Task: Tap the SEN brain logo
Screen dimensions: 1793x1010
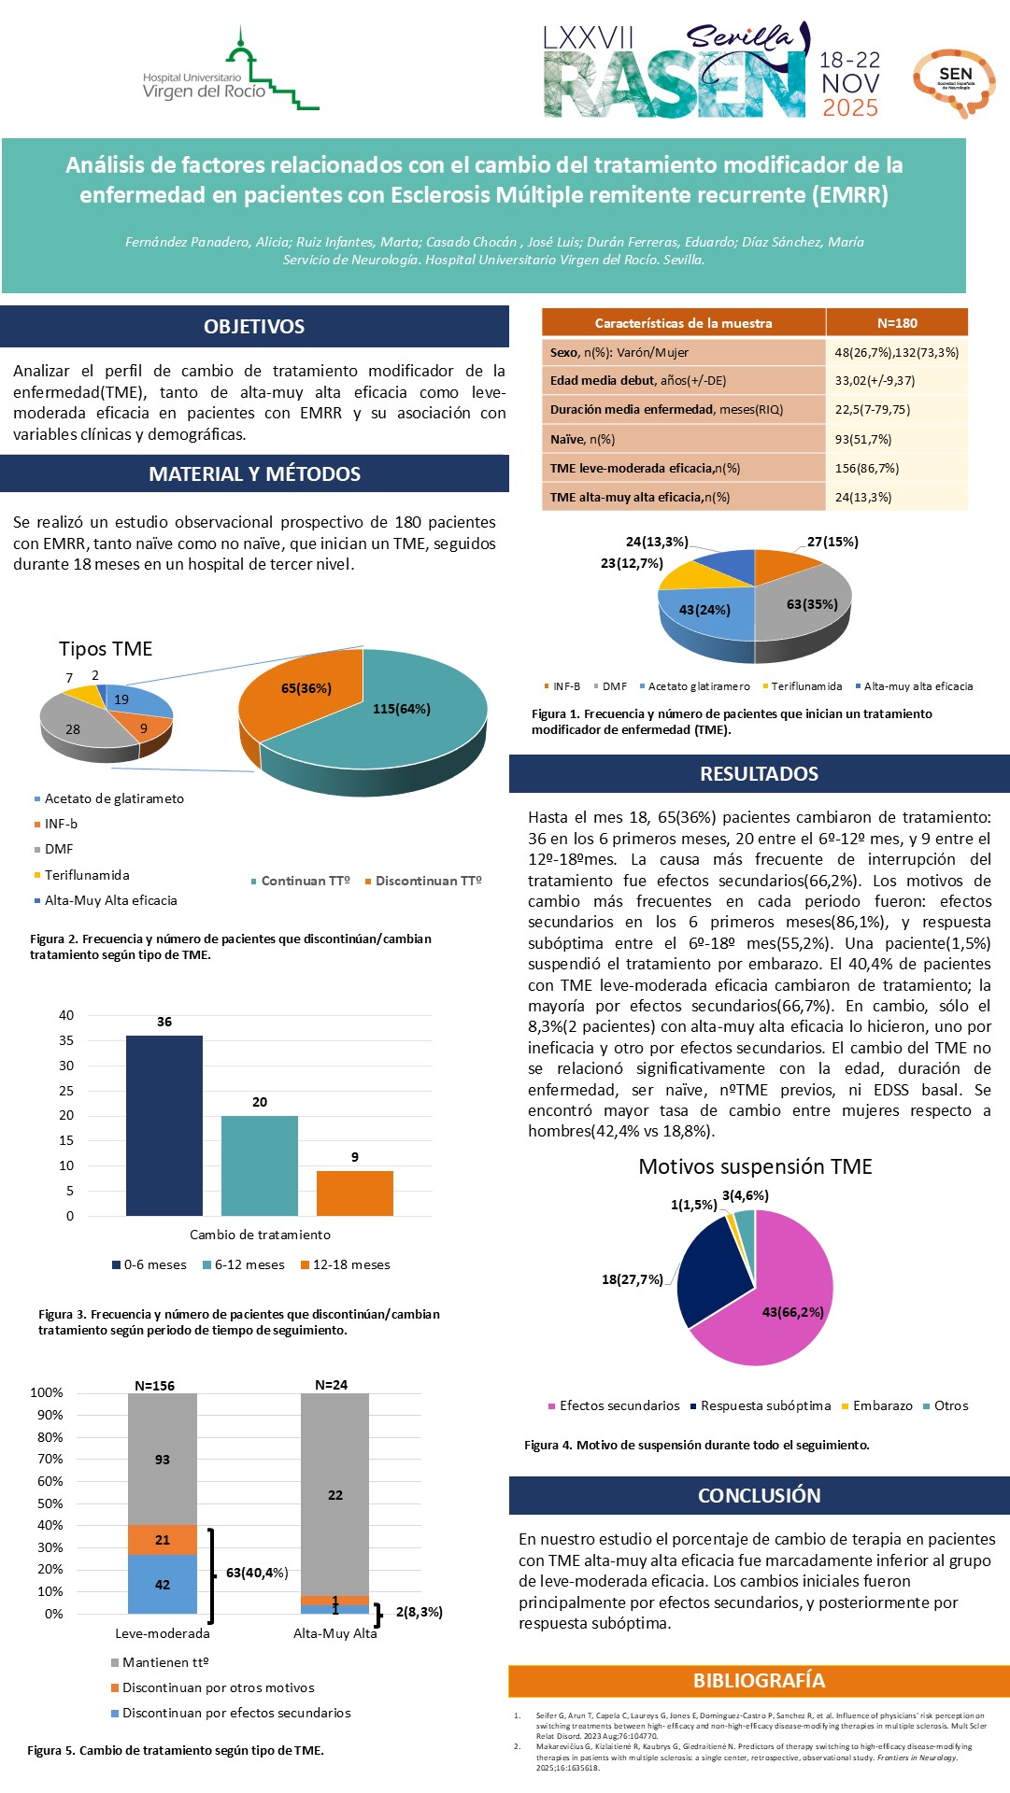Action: point(954,82)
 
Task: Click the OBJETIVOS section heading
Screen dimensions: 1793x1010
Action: point(254,327)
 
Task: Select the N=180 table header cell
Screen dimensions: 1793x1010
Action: point(897,323)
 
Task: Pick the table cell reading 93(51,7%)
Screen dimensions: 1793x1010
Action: point(862,439)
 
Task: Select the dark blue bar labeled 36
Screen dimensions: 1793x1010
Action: point(164,1125)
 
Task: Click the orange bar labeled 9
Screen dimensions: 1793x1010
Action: point(354,1193)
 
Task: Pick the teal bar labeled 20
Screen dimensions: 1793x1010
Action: point(260,1165)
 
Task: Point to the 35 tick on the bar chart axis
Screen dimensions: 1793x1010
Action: point(66,1040)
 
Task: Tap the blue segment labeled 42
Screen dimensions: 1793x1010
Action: point(163,1584)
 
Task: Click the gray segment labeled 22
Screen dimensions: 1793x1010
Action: point(334,1494)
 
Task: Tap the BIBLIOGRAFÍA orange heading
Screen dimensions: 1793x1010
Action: point(759,1680)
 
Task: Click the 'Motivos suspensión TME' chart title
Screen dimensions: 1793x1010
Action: point(755,1166)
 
